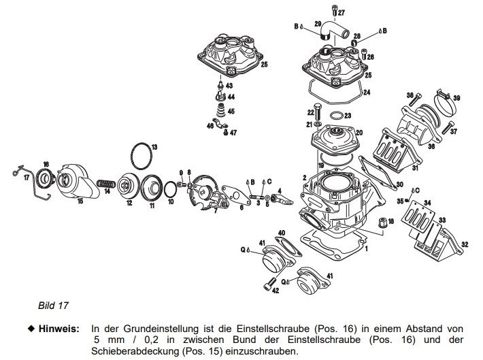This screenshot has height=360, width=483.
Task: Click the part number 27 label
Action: click(342, 13)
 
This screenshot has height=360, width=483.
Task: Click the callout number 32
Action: click(465, 244)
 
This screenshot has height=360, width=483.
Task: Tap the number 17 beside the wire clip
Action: click(27, 178)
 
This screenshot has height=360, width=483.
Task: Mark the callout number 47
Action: click(233, 133)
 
